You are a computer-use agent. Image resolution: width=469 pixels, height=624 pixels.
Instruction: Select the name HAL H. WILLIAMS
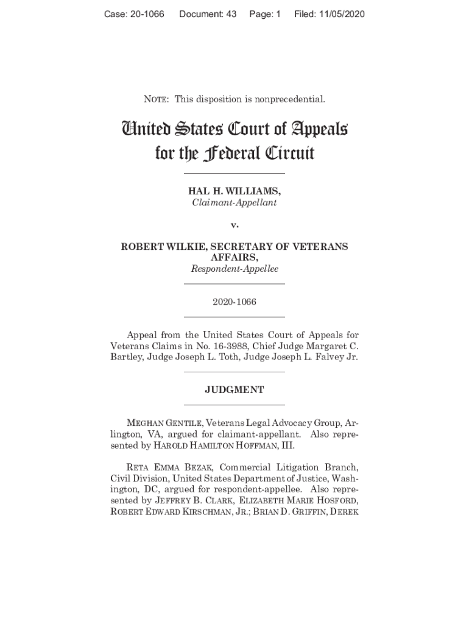(x=234, y=191)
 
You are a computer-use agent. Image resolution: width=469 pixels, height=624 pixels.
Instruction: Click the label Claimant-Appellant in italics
(x=234, y=202)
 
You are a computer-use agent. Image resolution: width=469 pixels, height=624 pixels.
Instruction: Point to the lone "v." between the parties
(x=234, y=225)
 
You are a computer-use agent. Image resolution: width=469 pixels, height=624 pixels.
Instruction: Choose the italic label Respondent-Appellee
(x=234, y=269)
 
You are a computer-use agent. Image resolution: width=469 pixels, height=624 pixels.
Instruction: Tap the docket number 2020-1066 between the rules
(x=234, y=302)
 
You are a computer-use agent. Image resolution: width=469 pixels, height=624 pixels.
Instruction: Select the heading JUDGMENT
(x=234, y=390)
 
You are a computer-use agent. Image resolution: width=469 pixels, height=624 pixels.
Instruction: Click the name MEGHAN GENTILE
(x=164, y=424)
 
